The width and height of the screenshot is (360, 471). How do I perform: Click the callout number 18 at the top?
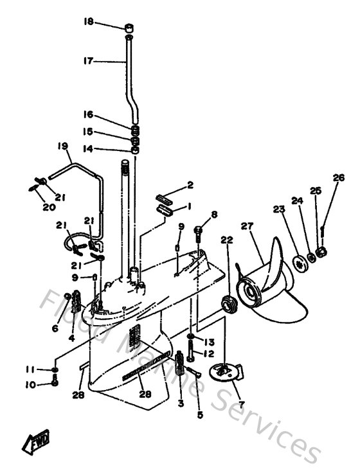coord(88,21)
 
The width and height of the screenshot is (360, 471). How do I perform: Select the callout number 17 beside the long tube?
coord(88,61)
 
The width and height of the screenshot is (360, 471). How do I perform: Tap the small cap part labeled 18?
coord(129,28)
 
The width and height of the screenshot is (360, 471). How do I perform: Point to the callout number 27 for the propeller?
coord(246,226)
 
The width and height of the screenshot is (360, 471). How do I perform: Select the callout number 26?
coord(338,177)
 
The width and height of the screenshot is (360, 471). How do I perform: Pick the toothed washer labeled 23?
coord(299,263)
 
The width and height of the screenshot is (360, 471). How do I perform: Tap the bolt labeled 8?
coord(198,229)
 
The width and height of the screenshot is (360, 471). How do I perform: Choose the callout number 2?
coord(190,186)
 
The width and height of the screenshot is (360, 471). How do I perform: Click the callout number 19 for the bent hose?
coord(62,147)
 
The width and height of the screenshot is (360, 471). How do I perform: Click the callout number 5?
coord(199,415)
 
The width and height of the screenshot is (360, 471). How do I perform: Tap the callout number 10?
coord(30,384)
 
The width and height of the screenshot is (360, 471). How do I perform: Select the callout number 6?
coord(55,328)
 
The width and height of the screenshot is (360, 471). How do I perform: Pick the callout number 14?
coord(88,148)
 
